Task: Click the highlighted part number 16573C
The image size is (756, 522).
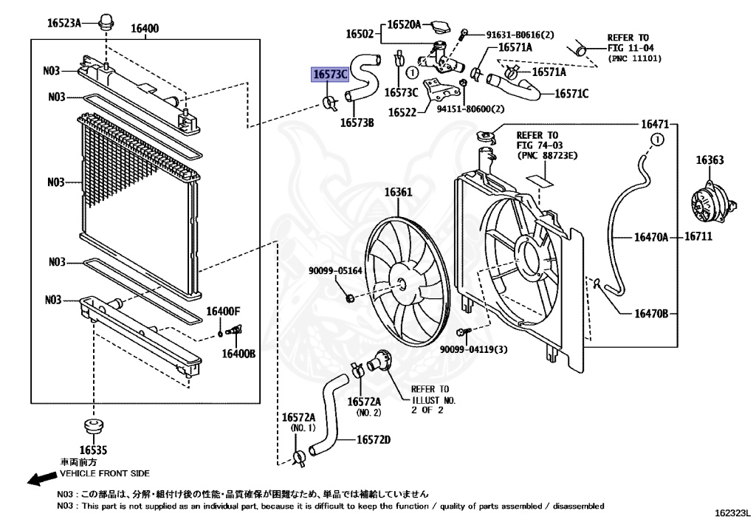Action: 330,75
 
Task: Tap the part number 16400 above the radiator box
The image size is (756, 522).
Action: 145,29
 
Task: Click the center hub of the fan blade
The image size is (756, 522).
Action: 400,283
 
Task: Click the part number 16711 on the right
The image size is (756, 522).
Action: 698,237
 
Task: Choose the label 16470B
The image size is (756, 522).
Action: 650,313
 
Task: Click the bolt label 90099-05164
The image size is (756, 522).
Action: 335,271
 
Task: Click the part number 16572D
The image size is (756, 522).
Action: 374,440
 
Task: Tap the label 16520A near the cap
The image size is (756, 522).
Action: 405,25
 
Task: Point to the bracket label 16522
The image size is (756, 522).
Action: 402,112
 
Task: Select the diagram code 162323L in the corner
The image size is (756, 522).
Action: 732,511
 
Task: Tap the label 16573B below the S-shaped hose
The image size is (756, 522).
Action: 357,123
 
